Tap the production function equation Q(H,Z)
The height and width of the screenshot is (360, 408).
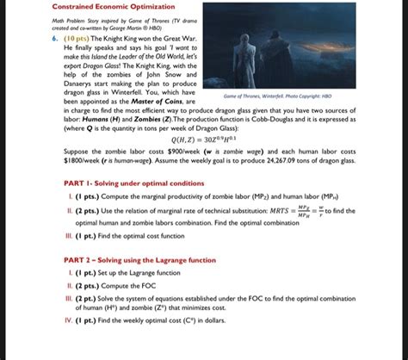click(x=204, y=162)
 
